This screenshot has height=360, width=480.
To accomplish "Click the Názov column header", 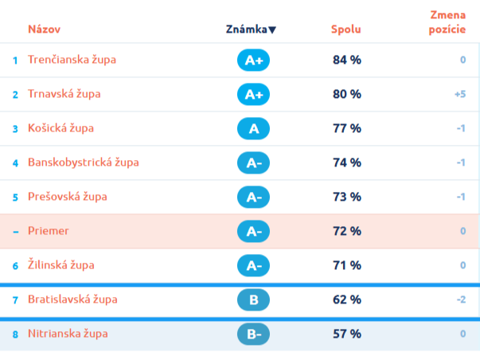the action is pyautogui.click(x=44, y=29).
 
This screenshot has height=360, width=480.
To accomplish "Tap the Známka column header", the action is pyautogui.click(x=247, y=29).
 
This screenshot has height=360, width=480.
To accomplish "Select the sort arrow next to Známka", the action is pyautogui.click(x=272, y=29).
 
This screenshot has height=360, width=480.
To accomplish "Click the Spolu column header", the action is pyautogui.click(x=346, y=29).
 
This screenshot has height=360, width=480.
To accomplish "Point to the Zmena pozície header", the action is pyautogui.click(x=447, y=22).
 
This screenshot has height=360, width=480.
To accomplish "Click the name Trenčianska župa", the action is pyautogui.click(x=72, y=60).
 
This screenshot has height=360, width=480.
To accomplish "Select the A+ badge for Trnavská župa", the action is pyautogui.click(x=253, y=94).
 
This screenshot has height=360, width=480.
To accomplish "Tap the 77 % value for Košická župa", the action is pyautogui.click(x=347, y=128).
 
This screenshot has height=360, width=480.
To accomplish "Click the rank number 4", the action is pyautogui.click(x=15, y=163).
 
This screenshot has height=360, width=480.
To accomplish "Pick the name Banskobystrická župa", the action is pyautogui.click(x=84, y=162).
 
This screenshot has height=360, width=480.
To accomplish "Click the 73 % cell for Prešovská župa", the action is pyautogui.click(x=347, y=197).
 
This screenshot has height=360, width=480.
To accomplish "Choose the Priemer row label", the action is pyautogui.click(x=49, y=231).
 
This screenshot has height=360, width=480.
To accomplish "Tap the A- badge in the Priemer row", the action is pyautogui.click(x=253, y=231).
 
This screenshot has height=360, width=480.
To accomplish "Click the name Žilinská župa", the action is pyautogui.click(x=61, y=264).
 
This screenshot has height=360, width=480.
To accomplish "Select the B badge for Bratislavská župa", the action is pyautogui.click(x=253, y=299).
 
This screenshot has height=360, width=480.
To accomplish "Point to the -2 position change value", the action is pyautogui.click(x=462, y=299).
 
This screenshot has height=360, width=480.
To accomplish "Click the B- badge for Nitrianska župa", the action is pyautogui.click(x=253, y=334).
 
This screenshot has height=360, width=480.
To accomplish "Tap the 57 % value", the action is pyautogui.click(x=347, y=334).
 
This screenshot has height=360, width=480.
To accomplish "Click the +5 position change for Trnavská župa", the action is pyautogui.click(x=460, y=94).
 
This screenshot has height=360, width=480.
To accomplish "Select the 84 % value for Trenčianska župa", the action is pyautogui.click(x=347, y=60).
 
